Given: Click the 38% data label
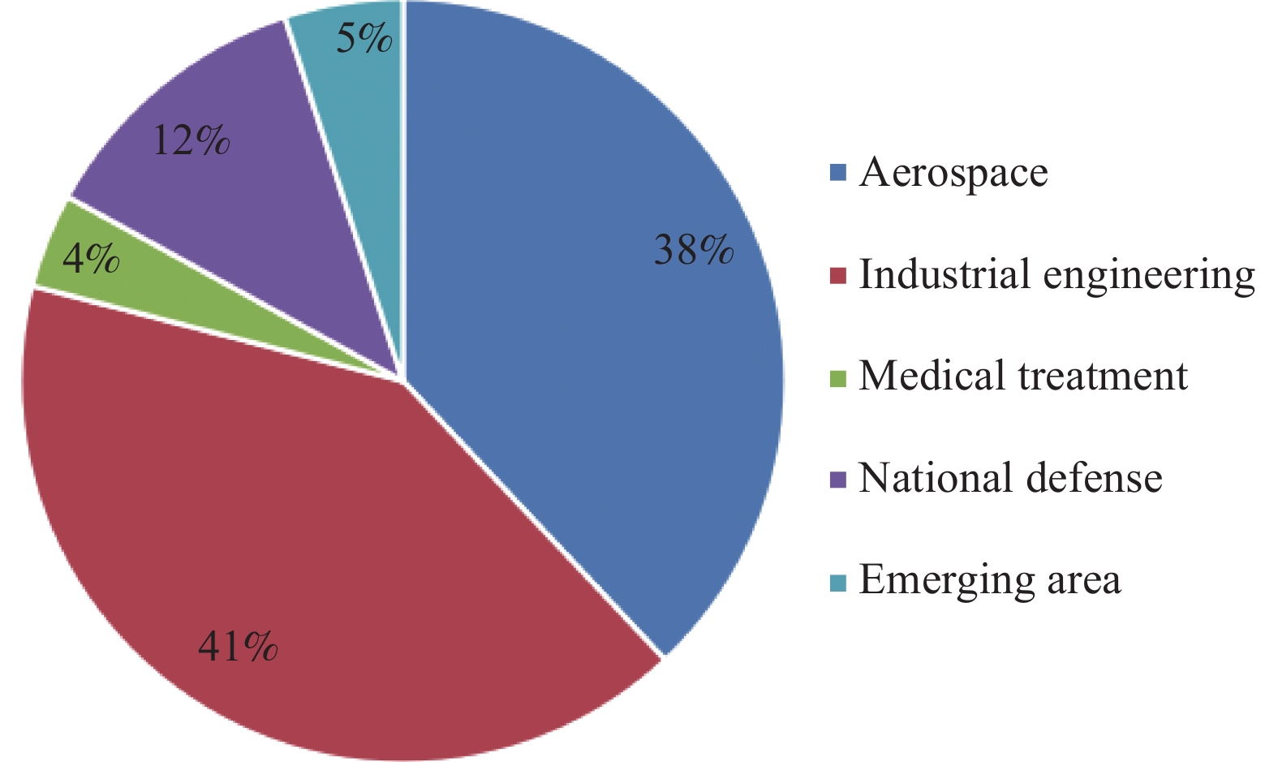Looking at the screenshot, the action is pyautogui.click(x=693, y=250).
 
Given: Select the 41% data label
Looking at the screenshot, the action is pyautogui.click(x=238, y=647).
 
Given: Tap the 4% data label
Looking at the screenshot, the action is pyautogui.click(x=91, y=259).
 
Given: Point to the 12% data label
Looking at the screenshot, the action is pyautogui.click(x=191, y=140).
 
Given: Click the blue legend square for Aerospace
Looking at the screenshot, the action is pyautogui.click(x=838, y=173).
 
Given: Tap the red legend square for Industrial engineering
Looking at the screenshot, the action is pyautogui.click(x=838, y=275).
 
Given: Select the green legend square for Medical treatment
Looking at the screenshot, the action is pyautogui.click(x=838, y=377).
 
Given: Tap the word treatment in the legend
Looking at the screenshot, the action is pyautogui.click(x=1104, y=376).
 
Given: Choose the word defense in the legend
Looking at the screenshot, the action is pyautogui.click(x=1095, y=477).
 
